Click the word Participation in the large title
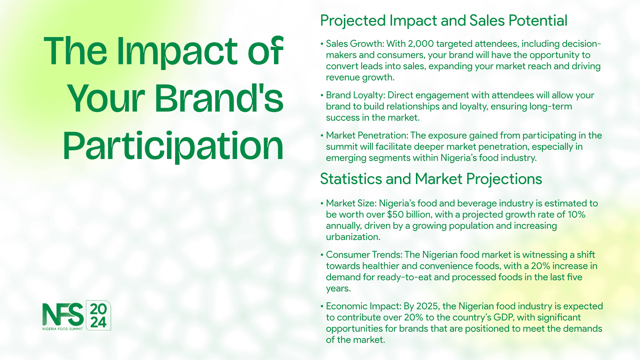coord(173,146)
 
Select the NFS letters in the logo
coord(63,315)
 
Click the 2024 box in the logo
coord(98,315)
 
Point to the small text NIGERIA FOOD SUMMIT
coord(63,329)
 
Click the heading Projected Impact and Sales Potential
coord(444,21)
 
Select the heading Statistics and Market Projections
coord(431,179)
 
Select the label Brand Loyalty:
coord(355,95)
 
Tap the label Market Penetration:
coord(367,135)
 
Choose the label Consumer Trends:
coord(364,255)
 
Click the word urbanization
coord(353,237)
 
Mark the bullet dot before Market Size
coord(322,203)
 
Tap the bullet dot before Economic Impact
coord(322,306)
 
